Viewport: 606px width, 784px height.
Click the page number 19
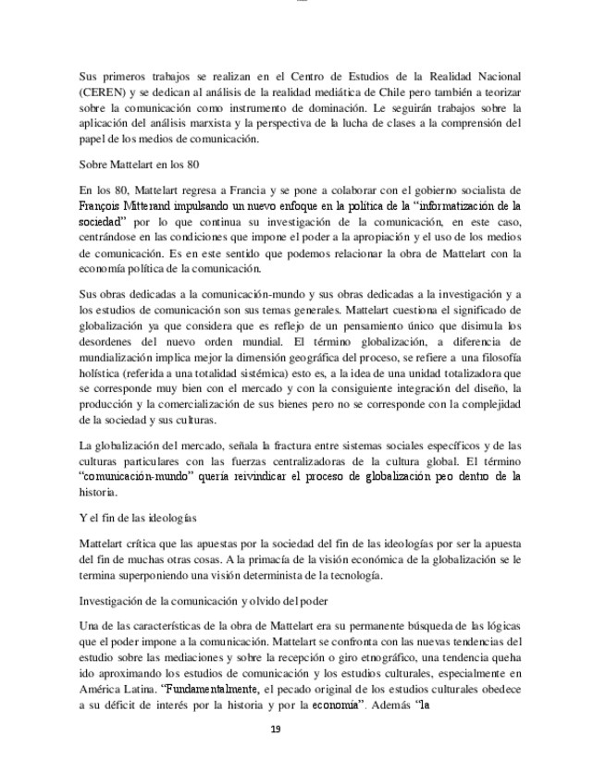276,729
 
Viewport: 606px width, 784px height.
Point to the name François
104,207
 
